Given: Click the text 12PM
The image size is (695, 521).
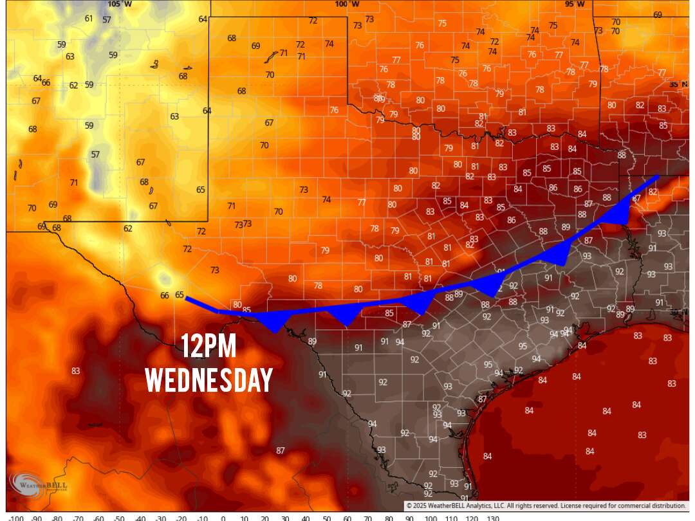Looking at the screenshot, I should pos(208,347).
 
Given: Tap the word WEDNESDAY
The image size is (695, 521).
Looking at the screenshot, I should pos(208,379).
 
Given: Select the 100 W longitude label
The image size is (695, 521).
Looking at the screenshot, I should pos(347,4).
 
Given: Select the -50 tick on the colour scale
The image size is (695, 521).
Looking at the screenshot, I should pos(119,517).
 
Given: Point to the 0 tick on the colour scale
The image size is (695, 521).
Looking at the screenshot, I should pos(223,517).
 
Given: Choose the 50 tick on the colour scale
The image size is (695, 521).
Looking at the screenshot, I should pos(327,517).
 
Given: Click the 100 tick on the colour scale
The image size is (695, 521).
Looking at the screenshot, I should pos(431,517).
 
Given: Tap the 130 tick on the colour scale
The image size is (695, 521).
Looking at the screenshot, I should pos(493,517).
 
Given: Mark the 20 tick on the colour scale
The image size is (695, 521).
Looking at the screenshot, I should pos(264,517).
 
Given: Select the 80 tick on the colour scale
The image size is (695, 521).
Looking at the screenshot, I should pos(389,517).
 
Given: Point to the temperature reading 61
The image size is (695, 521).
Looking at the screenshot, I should pos(89,18).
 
